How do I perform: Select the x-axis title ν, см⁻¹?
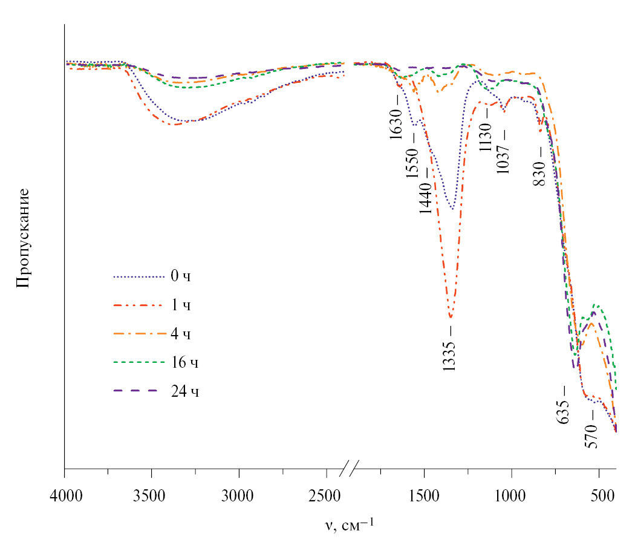click(350, 524)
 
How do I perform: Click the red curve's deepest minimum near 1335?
click(450, 317)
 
